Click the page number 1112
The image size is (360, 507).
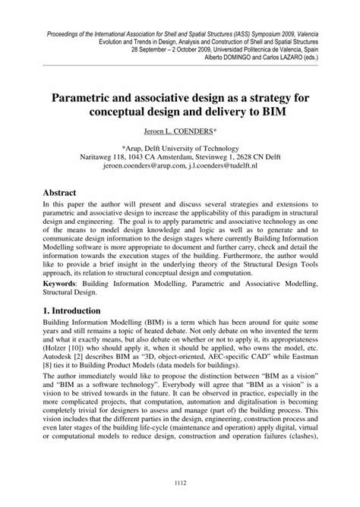pyautogui.click(x=180, y=485)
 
